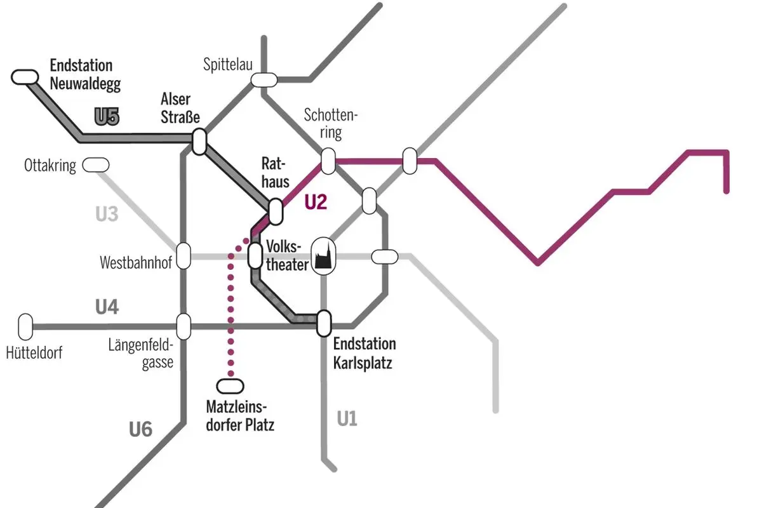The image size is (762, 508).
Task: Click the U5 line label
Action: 107,117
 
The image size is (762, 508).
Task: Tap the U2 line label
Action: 315,202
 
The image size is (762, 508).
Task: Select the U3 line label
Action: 107,214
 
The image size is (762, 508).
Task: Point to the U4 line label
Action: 107,308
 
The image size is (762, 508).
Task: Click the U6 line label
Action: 140,430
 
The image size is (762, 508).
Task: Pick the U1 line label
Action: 347,419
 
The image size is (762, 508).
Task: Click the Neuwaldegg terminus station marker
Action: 25,77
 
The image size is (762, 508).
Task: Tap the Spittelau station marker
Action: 264,79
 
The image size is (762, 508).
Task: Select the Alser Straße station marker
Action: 199,141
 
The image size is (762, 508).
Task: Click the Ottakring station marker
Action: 96,165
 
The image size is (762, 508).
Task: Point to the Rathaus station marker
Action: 276,211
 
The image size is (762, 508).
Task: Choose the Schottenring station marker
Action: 328,161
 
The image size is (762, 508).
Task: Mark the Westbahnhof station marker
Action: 184,256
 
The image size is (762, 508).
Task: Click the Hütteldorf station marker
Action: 25,326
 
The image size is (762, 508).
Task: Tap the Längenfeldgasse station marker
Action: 184,326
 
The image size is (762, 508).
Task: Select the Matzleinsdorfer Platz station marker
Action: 230,385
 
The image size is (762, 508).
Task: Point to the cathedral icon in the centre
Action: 323,257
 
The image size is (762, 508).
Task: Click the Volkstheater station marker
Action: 255,255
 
